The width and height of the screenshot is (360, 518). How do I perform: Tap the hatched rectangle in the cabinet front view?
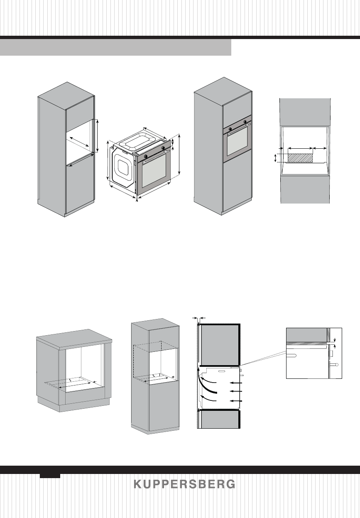point(300,158)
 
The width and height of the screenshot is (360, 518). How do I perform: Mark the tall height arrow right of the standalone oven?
point(179,155)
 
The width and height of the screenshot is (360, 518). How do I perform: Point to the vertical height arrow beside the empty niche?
point(97,136)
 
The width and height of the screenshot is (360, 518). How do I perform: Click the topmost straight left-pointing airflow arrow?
point(235,382)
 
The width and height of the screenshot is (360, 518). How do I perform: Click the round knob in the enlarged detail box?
point(336,364)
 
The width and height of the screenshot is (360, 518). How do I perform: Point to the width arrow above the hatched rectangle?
point(300,148)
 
